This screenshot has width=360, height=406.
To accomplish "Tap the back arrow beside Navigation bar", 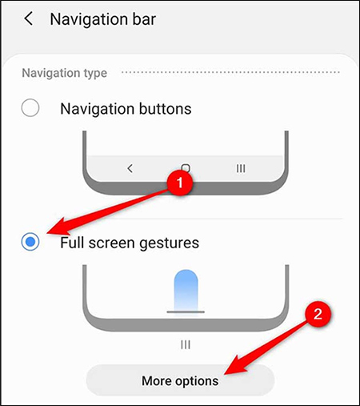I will pos(29,19).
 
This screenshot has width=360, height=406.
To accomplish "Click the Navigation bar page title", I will pos(102,19).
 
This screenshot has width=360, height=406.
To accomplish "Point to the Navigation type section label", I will pos(65,73).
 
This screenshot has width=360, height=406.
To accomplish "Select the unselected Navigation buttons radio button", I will pos(30,109).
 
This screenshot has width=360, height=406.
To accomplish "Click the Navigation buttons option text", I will pos(126,109).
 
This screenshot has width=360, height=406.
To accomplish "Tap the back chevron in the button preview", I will pos(130,168).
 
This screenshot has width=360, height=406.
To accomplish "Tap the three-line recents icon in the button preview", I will pos(240,168).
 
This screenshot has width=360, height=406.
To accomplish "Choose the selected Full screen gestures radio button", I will pos(30,241).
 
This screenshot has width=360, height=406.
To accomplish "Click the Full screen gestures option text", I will pos(130,241).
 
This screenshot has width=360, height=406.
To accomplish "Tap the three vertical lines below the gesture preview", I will pos(185,344).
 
